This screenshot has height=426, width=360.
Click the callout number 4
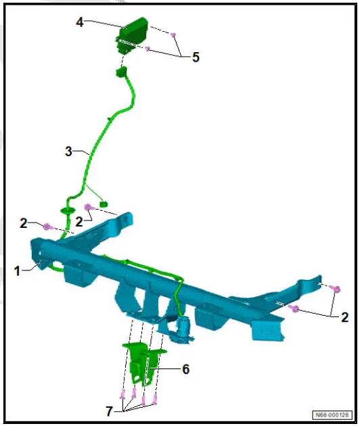79,22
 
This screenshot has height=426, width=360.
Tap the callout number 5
196,57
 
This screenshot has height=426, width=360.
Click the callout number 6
185,369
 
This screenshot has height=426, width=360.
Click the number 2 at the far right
345,316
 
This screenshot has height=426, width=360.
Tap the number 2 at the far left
23,222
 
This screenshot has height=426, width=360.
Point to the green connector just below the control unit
122,72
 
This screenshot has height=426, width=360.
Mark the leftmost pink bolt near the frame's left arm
47,227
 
